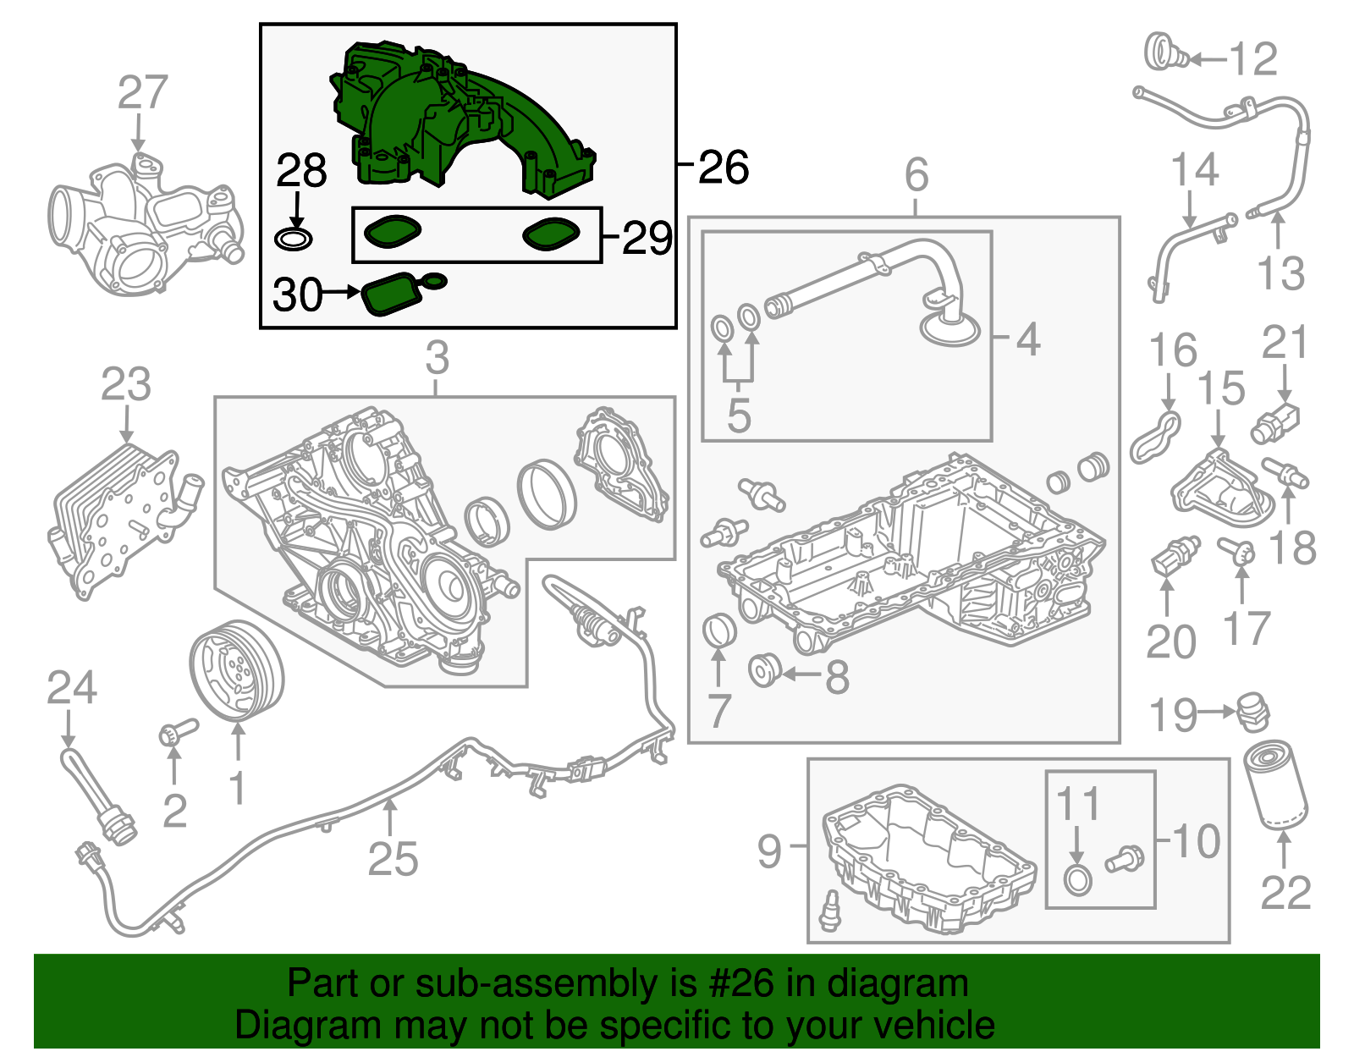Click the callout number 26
coord(724,167)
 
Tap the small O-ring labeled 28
coord(294,239)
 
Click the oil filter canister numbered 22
coord(1275,784)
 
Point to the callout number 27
coord(142,92)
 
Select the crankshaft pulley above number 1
coord(236,669)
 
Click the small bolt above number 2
coord(177,733)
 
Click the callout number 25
coord(393,859)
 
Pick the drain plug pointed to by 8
coord(765,670)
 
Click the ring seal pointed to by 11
coord(1077,880)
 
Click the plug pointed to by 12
coord(1165,53)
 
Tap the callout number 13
coord(1280,273)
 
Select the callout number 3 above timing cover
coord(437,358)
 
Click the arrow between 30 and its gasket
coord(342,293)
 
